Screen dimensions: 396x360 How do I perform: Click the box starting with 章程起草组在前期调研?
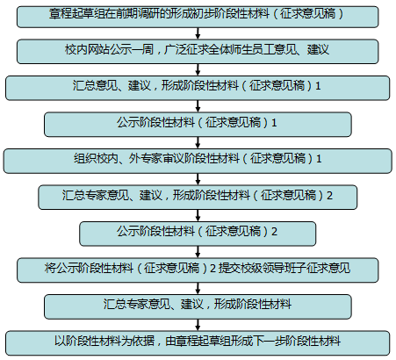[x=198, y=17]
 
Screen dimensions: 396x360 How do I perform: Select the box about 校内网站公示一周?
[x=198, y=52]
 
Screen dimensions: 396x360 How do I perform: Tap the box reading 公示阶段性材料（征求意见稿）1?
[x=198, y=125]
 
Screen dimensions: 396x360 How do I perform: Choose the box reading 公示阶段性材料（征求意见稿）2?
[x=198, y=234]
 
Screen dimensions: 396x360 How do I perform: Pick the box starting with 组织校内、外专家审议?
[x=198, y=161]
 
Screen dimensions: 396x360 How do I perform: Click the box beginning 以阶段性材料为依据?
[x=198, y=343]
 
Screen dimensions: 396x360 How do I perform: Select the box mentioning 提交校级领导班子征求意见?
[x=198, y=270]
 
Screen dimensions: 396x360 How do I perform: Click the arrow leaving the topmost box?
[x=198, y=33]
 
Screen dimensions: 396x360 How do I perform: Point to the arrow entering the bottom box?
[x=198, y=325]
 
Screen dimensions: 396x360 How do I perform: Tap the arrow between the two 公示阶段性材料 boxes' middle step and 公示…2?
[x=198, y=215]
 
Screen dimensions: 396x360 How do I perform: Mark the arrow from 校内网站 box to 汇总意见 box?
[x=198, y=70]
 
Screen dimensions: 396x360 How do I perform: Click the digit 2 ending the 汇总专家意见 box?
[x=329, y=195]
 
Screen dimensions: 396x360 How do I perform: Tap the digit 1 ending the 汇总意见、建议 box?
[x=318, y=86]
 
